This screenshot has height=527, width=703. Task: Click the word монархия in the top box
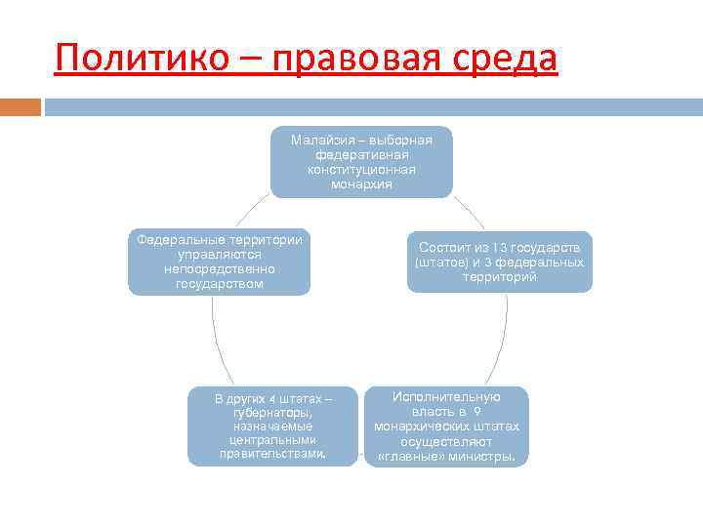[361, 183]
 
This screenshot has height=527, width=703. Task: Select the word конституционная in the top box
[361, 169]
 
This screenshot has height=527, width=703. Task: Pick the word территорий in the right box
[500, 277]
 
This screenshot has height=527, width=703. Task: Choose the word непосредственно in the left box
[220, 269]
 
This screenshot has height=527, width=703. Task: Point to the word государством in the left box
[220, 284]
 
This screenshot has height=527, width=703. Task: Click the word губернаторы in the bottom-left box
[272, 413]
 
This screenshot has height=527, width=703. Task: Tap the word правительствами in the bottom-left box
[272, 454]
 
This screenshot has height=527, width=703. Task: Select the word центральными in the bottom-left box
[272, 440]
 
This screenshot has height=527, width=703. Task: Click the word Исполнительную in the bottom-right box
[446, 397]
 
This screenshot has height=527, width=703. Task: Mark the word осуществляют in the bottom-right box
[446, 441]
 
